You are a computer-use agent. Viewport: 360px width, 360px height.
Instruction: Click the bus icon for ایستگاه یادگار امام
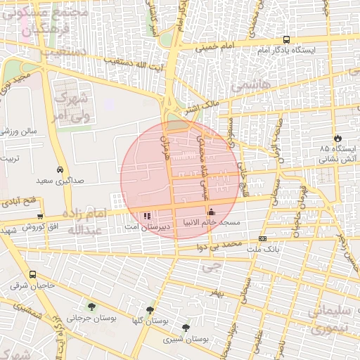click(x=285, y=40)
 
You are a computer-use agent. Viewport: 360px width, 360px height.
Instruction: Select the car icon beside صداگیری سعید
click(x=61, y=169)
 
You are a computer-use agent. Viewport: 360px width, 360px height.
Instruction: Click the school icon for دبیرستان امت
click(x=147, y=216)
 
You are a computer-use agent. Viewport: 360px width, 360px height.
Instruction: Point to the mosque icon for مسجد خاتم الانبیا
click(x=211, y=212)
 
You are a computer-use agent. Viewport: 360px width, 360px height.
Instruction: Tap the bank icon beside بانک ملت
click(x=262, y=239)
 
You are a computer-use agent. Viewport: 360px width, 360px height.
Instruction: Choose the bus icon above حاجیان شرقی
click(x=32, y=275)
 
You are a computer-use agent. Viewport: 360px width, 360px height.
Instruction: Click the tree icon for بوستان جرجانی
click(x=91, y=306)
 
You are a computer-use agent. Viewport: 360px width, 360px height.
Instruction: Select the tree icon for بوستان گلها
click(x=150, y=309)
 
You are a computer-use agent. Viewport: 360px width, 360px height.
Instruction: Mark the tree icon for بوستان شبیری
click(x=186, y=328)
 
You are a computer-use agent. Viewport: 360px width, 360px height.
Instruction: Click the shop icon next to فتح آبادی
click(x=40, y=216)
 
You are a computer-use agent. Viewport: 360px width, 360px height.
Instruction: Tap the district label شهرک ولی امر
click(x=72, y=104)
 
